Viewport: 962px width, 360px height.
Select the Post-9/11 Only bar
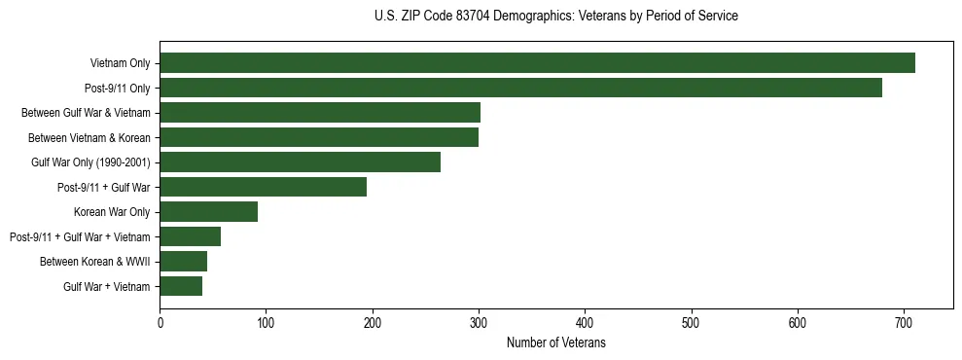point(520,88)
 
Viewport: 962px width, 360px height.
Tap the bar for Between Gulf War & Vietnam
point(320,113)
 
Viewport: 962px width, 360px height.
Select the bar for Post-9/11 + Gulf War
point(263,187)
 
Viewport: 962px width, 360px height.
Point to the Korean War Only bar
point(208,212)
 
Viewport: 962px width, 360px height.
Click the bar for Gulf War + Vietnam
point(181,286)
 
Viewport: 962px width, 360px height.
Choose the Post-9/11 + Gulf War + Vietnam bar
point(190,236)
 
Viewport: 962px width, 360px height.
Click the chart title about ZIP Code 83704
point(555,17)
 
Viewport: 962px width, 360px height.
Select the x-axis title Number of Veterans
point(555,342)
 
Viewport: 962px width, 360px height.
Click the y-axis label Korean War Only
point(111,212)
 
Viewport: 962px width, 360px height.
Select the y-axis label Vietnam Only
point(120,63)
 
